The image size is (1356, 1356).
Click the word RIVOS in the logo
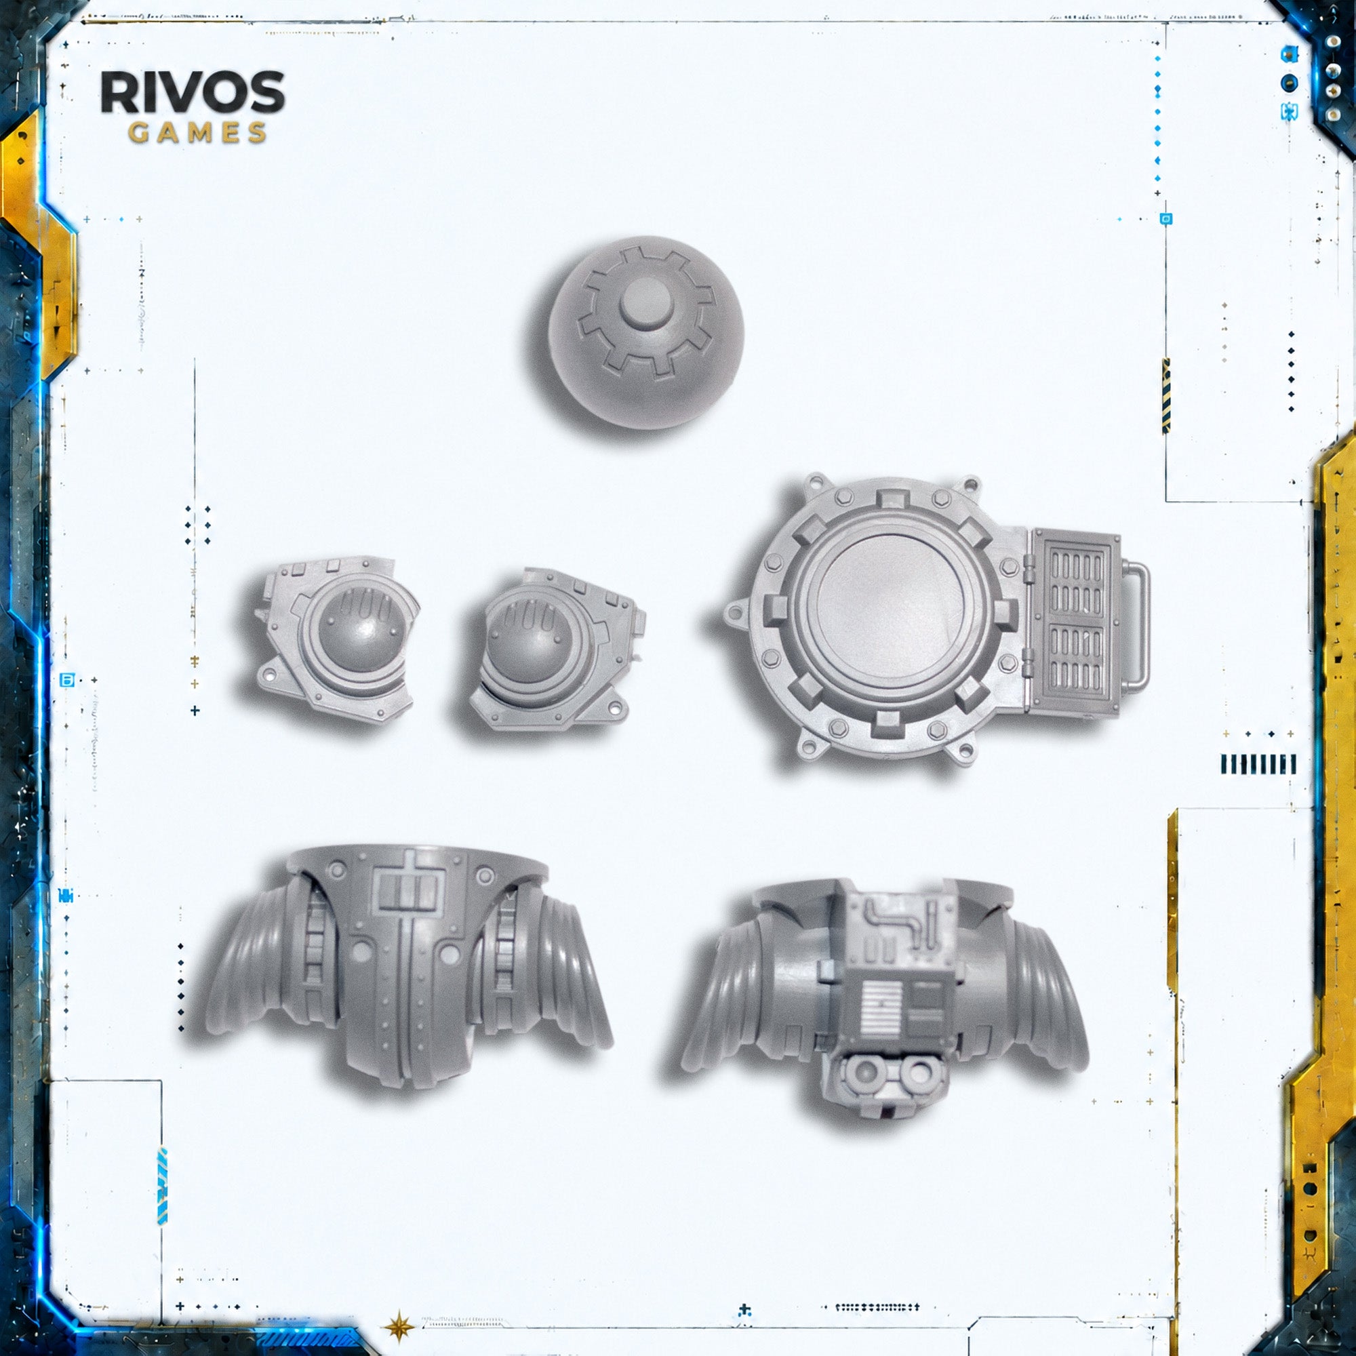pyautogui.click(x=193, y=92)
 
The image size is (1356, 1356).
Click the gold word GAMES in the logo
pyautogui.click(x=197, y=133)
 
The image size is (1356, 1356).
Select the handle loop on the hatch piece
pyautogui.click(x=1136, y=624)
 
